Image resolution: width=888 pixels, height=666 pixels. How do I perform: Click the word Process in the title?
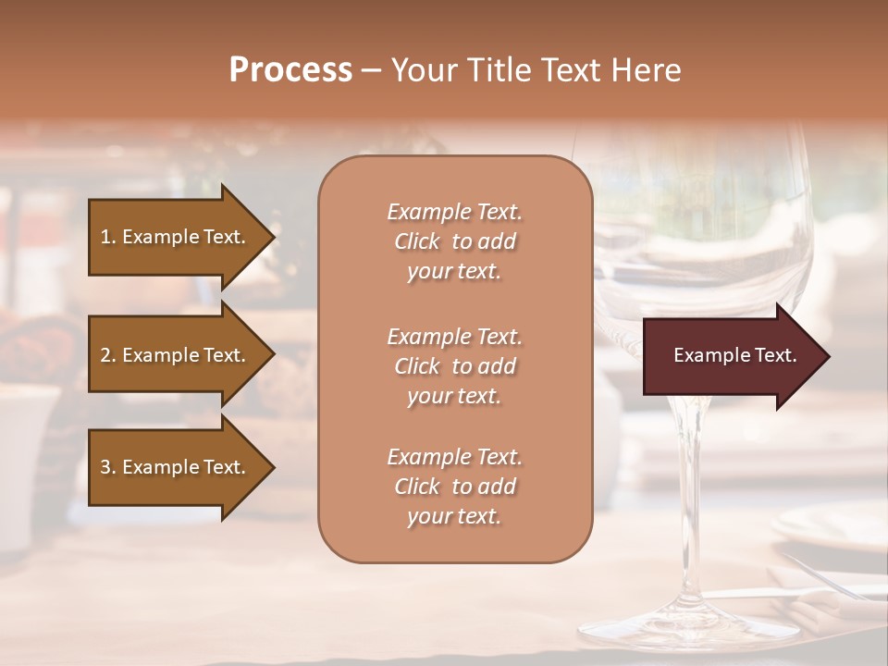[290, 70]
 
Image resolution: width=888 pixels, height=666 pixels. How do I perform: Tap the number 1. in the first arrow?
[108, 237]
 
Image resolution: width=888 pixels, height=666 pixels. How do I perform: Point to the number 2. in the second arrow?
[108, 355]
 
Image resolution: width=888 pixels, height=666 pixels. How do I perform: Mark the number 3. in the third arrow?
[108, 467]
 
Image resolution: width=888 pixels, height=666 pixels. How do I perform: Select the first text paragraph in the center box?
[454, 241]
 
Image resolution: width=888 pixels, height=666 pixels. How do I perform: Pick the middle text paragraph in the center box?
[454, 366]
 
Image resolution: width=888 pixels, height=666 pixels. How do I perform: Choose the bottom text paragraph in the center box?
[454, 487]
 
